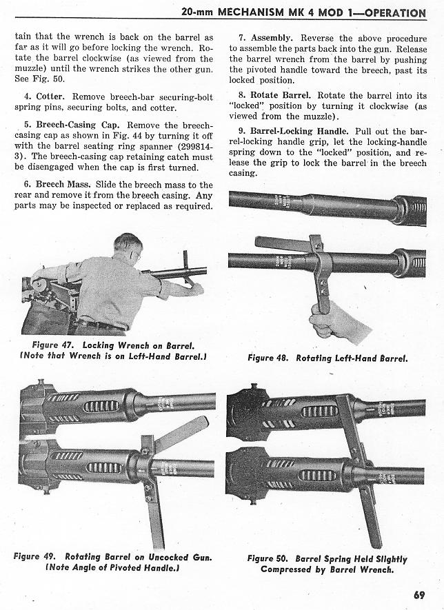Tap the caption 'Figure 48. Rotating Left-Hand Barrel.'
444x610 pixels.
point(327,358)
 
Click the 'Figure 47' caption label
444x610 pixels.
point(54,345)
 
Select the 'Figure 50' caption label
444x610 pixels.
point(270,559)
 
